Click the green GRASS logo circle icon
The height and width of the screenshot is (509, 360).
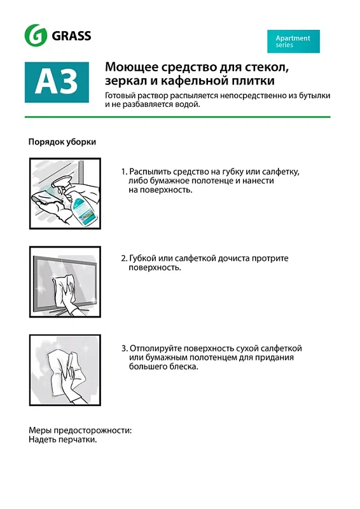pos(35,36)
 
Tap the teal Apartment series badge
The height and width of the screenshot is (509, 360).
pos(293,41)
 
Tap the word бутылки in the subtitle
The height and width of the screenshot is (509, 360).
pos(314,95)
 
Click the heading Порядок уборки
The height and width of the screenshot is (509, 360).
pos(62,142)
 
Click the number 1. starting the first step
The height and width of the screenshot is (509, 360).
pos(124,172)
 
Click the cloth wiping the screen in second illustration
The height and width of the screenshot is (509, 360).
pos(66,286)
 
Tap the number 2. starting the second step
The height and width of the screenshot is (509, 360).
pos(124,259)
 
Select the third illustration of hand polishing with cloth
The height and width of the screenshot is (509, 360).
pos(65,370)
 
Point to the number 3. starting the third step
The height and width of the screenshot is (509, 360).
pos(124,349)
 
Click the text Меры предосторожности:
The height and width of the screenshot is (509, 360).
pos(80,431)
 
